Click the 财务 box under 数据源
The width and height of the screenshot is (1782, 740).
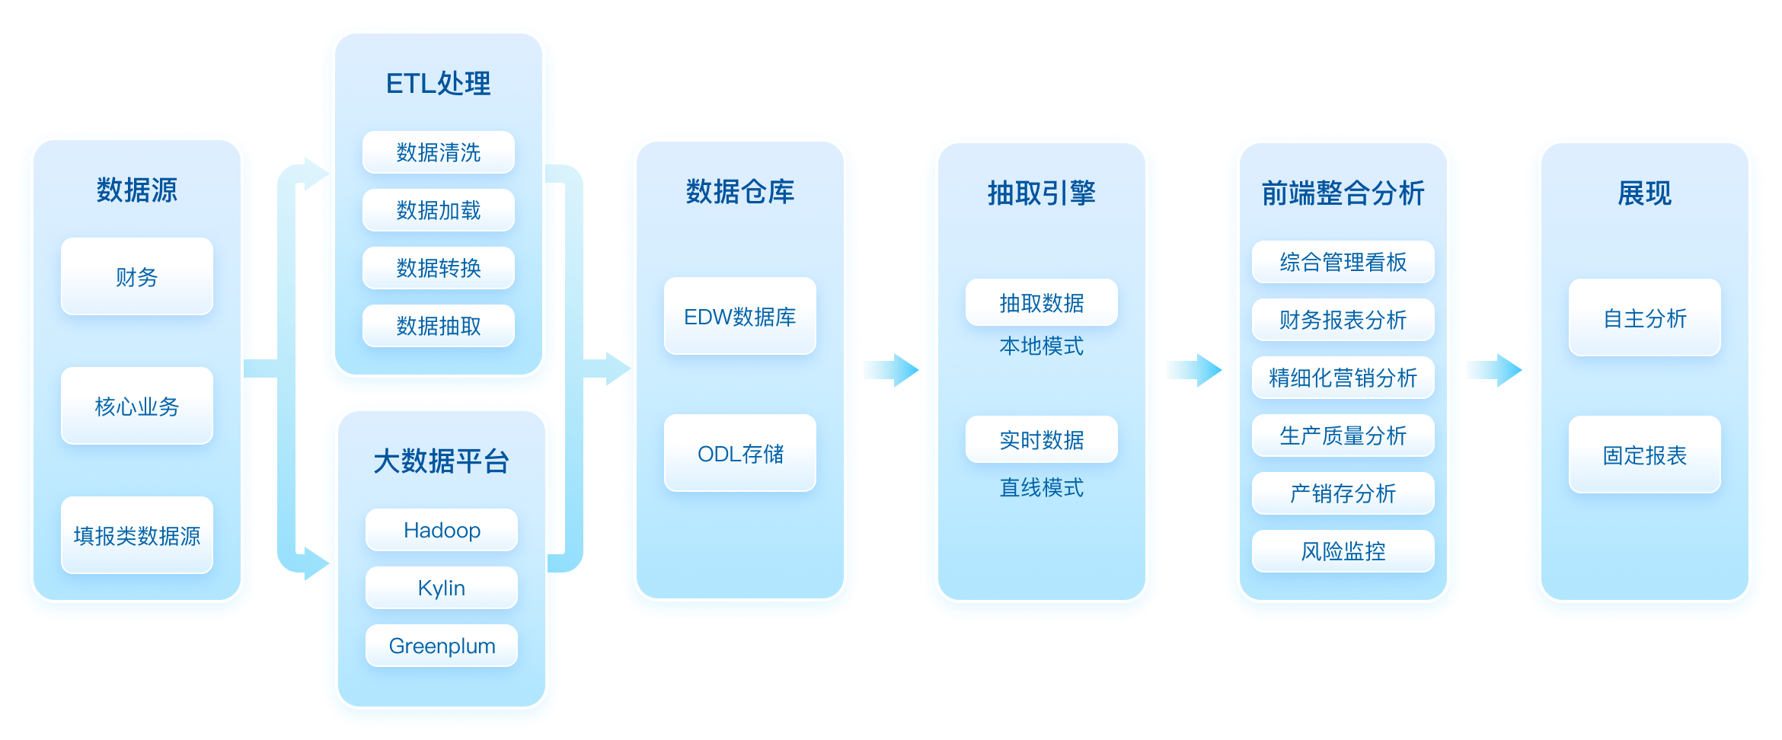pyautogui.click(x=137, y=276)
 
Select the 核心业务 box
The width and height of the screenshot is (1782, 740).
pyautogui.click(x=137, y=406)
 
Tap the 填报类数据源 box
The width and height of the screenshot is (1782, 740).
pyautogui.click(x=137, y=535)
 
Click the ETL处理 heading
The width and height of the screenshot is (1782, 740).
pyautogui.click(x=438, y=84)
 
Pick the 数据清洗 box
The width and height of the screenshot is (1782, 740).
pyautogui.click(x=438, y=152)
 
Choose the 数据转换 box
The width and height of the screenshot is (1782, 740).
pyautogui.click(x=438, y=268)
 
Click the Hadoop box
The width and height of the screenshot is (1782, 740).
pyautogui.click(x=442, y=530)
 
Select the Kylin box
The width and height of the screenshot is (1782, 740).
pyautogui.click(x=442, y=588)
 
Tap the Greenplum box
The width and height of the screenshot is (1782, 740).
pyautogui.click(x=442, y=646)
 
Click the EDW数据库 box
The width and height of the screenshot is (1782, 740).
pyautogui.click(x=739, y=316)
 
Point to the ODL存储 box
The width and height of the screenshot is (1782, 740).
pyautogui.click(x=739, y=453)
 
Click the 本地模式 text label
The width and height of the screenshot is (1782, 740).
pyautogui.click(x=1041, y=346)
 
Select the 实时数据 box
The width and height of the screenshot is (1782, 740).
pyautogui.click(x=1041, y=439)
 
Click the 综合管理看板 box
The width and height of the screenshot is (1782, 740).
pyautogui.click(x=1343, y=262)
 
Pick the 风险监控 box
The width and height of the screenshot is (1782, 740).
pyautogui.click(x=1343, y=551)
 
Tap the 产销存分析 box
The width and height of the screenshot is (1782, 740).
pyautogui.click(x=1343, y=493)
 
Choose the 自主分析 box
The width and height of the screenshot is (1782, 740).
pyautogui.click(x=1644, y=317)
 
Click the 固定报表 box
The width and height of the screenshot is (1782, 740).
pyautogui.click(x=1644, y=455)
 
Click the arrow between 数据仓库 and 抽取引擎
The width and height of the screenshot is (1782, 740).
pyautogui.click(x=892, y=370)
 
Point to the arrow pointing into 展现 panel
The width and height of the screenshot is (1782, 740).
pyautogui.click(x=1494, y=370)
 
